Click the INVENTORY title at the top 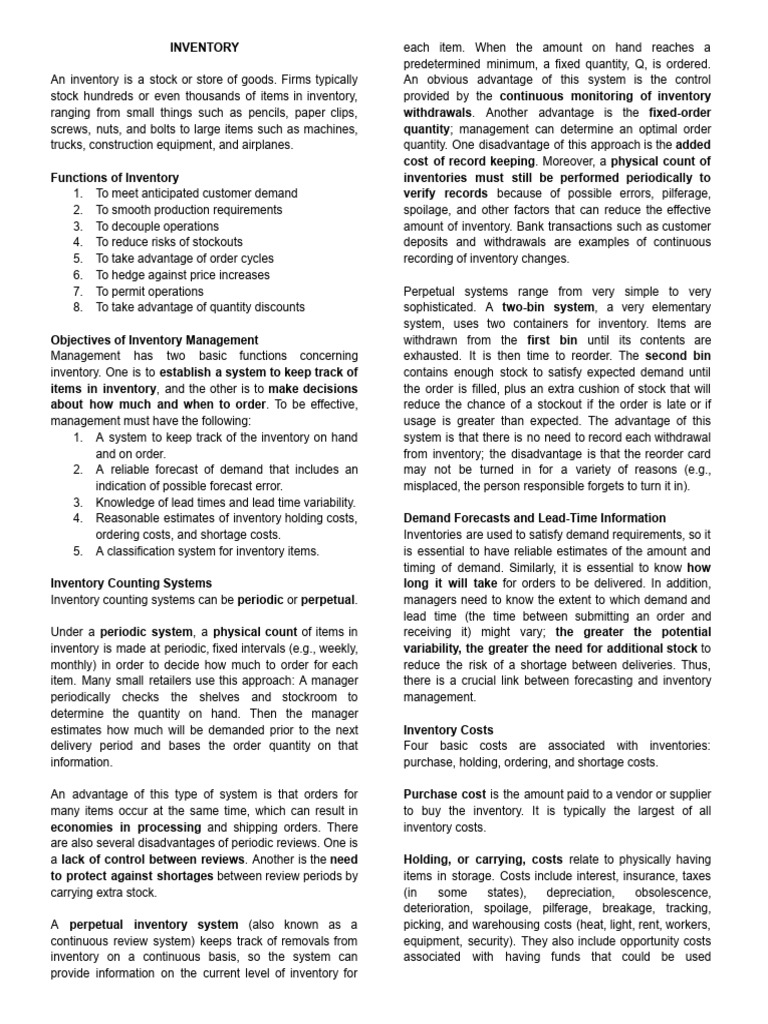pos(204,47)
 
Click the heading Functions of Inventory pos(115,177)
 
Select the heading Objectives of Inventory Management pos(154,340)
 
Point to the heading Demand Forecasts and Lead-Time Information pos(534,518)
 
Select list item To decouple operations pos(157,226)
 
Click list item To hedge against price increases pos(183,275)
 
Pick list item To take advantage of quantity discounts pos(200,307)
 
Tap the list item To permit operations pos(149,291)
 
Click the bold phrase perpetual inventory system pos(153,925)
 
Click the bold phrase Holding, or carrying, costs pos(483,860)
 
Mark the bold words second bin pos(677,355)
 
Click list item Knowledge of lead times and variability pos(225,502)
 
